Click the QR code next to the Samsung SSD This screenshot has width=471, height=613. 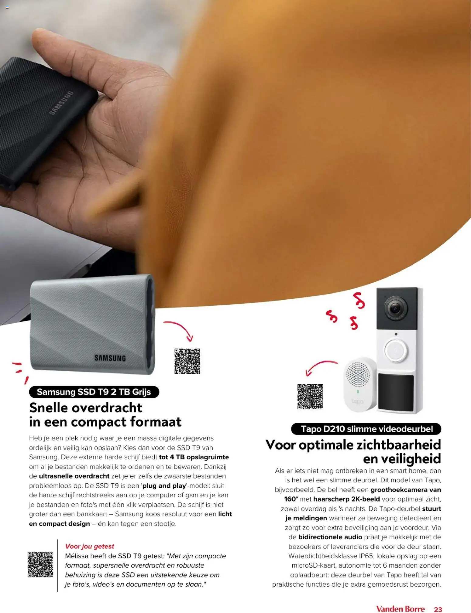[187, 361]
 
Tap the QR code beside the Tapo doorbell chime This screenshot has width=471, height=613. [310, 397]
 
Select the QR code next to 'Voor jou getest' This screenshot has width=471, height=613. [40, 564]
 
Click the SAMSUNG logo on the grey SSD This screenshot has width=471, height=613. [110, 358]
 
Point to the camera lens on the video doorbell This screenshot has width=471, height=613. [395, 309]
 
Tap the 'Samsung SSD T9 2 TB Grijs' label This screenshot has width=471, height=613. [94, 392]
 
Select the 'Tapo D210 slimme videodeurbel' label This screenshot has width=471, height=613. [366, 429]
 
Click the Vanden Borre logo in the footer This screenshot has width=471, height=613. [400, 600]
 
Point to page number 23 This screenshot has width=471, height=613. [438, 601]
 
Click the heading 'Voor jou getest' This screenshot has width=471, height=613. [90, 546]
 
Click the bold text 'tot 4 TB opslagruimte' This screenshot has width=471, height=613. [194, 457]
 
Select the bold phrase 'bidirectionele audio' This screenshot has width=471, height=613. [330, 537]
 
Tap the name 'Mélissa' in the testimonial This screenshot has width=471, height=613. [77, 556]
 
